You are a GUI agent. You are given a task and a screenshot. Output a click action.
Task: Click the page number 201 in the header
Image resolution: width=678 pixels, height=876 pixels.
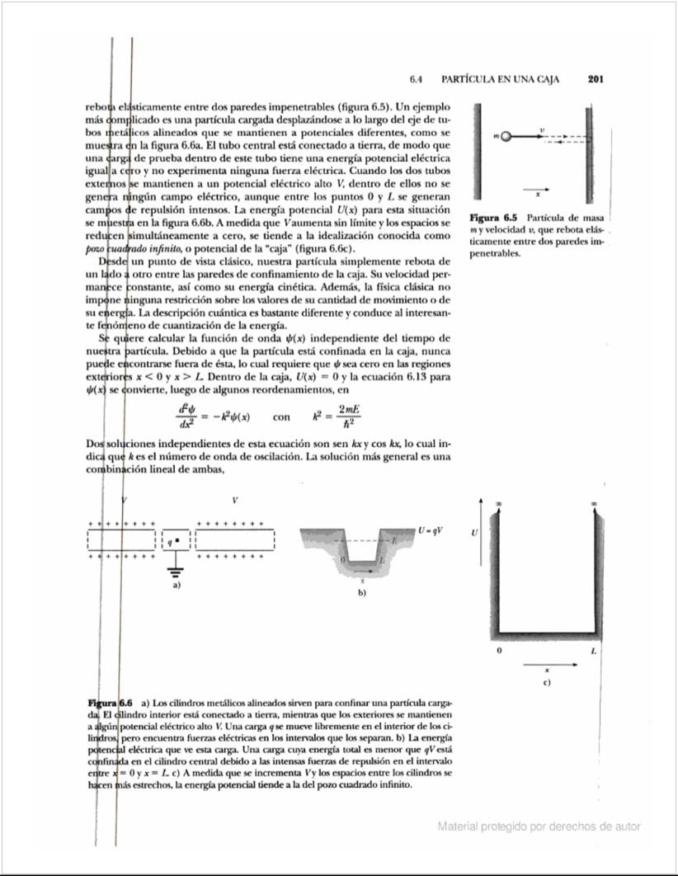click(597, 80)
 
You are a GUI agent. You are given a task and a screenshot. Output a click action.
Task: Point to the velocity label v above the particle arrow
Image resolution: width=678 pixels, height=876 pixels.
click(542, 130)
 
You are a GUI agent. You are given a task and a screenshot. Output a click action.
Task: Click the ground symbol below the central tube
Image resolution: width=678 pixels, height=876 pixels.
click(175, 570)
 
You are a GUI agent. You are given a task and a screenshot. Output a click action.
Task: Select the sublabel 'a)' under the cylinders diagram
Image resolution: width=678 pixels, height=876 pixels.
click(175, 586)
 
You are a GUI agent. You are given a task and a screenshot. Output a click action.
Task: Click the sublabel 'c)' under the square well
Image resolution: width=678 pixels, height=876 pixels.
click(546, 682)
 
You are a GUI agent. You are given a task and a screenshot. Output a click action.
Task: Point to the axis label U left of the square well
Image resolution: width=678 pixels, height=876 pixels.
click(473, 533)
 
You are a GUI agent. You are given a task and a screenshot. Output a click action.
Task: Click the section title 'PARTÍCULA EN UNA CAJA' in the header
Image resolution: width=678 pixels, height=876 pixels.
click(501, 80)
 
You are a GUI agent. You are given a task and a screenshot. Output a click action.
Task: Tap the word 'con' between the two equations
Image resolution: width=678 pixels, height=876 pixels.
click(280, 417)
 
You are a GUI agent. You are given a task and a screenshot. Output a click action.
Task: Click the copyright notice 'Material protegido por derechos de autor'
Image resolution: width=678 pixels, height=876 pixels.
click(539, 826)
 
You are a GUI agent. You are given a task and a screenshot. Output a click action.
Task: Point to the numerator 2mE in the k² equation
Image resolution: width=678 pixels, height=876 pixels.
click(351, 409)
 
